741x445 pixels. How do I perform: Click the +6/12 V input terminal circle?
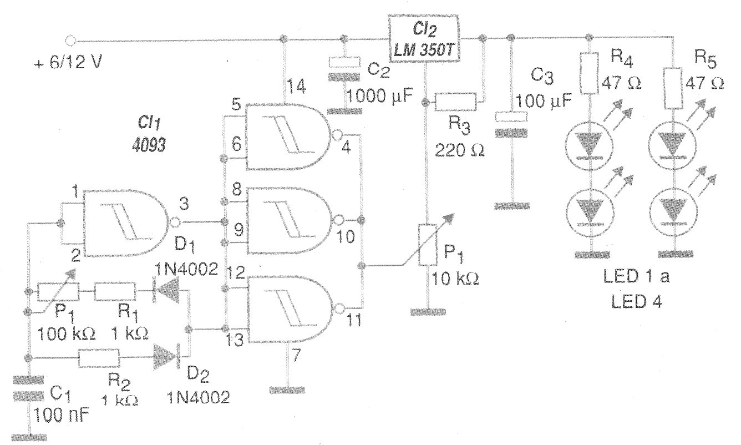[x=70, y=40]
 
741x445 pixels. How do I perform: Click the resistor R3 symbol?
[x=455, y=102]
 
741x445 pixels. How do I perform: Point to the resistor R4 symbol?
[x=589, y=73]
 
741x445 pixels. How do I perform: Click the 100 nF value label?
[x=61, y=414]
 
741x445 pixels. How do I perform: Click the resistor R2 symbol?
[x=99, y=358]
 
